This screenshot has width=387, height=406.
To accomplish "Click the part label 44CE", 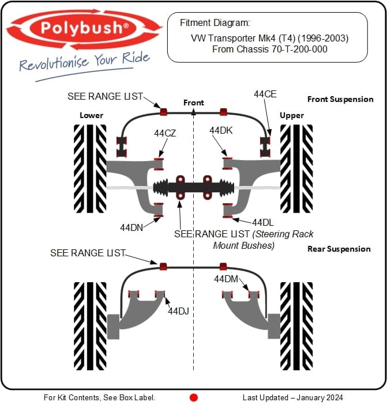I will tap(266, 93).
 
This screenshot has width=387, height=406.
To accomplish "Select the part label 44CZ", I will tap(165, 133).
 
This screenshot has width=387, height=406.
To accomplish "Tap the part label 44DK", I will tap(221, 130).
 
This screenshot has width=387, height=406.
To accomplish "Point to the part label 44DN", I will tap(131, 227).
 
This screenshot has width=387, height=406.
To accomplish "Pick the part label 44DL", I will tap(262, 222).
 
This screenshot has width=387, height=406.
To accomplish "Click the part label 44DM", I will tap(226, 279).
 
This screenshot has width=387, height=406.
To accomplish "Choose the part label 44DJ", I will tap(179, 311).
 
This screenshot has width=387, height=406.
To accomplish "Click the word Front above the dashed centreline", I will tap(194, 103).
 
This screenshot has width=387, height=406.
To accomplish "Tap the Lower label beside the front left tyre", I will tap(91, 115).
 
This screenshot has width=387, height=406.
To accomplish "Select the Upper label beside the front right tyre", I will tap(291, 115).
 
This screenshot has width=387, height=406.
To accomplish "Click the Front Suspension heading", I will tap(340, 99).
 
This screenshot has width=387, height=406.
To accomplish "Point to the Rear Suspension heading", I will tap(339, 249).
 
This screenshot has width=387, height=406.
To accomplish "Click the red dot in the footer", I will tap(194, 397).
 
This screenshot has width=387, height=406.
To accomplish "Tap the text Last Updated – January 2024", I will tap(292, 397).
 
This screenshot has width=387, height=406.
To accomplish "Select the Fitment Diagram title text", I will tap(215, 23).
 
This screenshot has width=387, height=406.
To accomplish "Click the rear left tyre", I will tap(90, 325).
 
